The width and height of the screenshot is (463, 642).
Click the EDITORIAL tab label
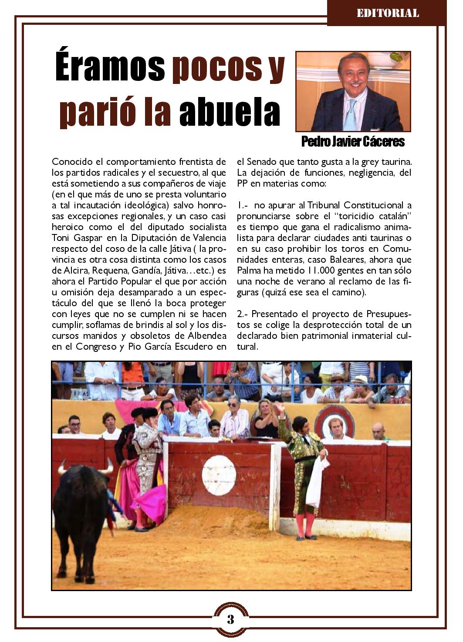click(387, 13)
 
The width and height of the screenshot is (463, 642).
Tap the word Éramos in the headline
click(110, 69)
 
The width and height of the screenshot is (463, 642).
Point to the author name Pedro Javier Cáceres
click(353, 141)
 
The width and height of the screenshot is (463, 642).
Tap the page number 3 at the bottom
click(231, 619)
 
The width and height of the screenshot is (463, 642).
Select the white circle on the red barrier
click(219, 475)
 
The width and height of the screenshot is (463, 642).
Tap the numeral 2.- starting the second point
click(243, 314)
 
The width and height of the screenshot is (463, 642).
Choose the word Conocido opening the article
click(71, 162)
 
